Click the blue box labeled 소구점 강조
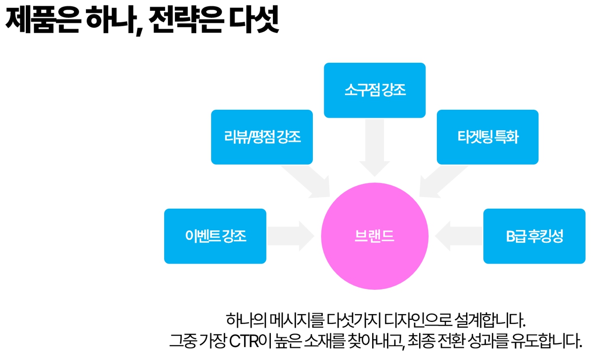(375, 90)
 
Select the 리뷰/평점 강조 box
(261, 137)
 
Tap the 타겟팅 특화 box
(487, 137)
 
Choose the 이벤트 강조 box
(215, 236)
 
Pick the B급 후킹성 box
(534, 236)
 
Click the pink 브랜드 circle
(375, 236)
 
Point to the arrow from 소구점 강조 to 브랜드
(375, 147)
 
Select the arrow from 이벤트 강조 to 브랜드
(291, 236)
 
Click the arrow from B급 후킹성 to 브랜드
(459, 236)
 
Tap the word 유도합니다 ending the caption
(547, 341)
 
